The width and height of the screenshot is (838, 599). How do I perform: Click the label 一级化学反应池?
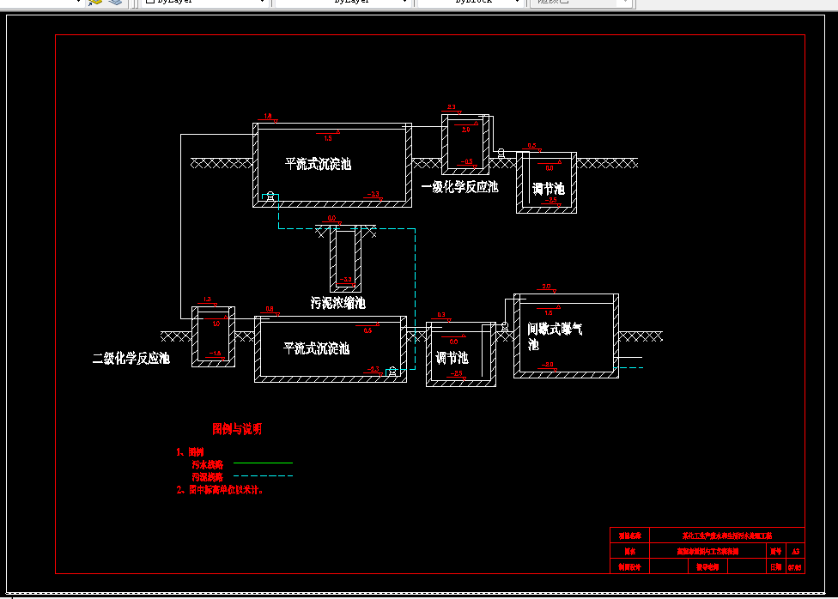tap(459, 187)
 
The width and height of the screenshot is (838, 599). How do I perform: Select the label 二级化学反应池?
tap(131, 359)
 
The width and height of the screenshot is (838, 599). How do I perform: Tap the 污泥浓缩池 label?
tap(338, 303)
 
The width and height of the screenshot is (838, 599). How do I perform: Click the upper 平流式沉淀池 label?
tap(318, 164)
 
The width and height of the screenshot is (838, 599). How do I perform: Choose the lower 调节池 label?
tap(452, 358)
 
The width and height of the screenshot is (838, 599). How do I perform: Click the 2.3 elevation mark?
tap(452, 107)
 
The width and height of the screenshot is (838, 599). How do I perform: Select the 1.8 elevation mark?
tap(268, 116)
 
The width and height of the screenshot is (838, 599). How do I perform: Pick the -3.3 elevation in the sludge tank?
tap(347, 279)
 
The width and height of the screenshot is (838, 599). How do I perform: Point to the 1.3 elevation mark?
tap(207, 299)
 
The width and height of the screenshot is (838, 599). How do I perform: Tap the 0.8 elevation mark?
tap(269, 309)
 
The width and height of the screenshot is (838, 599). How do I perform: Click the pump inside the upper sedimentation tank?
tap(270, 196)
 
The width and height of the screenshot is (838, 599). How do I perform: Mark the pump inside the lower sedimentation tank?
tap(392, 371)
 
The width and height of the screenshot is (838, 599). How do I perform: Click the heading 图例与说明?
tap(237, 429)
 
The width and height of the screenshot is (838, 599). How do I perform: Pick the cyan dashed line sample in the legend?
tap(263, 475)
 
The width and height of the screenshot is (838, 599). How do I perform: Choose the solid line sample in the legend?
tap(263, 463)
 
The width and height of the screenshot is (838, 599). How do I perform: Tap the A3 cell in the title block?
tap(796, 551)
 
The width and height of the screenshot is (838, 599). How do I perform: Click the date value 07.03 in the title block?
tap(795, 567)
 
